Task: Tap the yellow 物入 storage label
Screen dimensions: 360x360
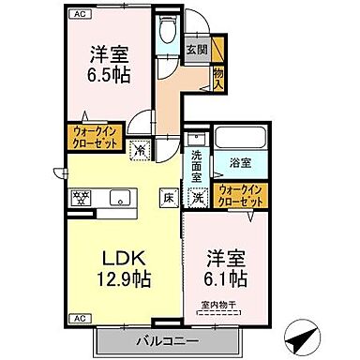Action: [219, 73]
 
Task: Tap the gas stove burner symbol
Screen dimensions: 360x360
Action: [80, 198]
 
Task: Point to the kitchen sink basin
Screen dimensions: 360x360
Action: [120, 198]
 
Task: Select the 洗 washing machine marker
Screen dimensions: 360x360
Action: [199, 197]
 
